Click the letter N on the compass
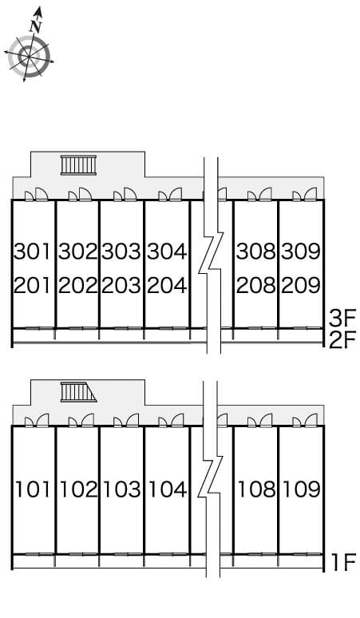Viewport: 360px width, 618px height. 36,26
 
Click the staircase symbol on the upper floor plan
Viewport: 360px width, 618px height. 78,164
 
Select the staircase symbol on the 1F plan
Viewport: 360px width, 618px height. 78,392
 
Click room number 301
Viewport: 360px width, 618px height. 33,252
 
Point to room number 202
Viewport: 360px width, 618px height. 77,285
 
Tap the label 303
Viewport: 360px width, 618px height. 121,252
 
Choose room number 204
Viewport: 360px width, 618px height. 167,285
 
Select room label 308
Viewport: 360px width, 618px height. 256,252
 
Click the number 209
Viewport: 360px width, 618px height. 301,285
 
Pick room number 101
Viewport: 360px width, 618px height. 33,489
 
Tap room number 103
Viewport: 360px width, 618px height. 121,489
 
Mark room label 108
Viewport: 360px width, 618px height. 257,489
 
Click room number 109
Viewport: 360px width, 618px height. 302,489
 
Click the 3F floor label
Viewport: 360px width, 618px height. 342,319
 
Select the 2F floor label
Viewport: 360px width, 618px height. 342,340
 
